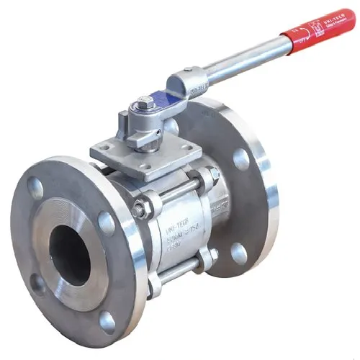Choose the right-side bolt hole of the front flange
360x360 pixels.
click(106, 222)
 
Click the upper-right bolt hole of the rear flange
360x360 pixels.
click(240, 158)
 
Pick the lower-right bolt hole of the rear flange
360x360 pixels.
click(238, 253)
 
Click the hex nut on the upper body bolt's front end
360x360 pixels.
click(140, 209)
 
